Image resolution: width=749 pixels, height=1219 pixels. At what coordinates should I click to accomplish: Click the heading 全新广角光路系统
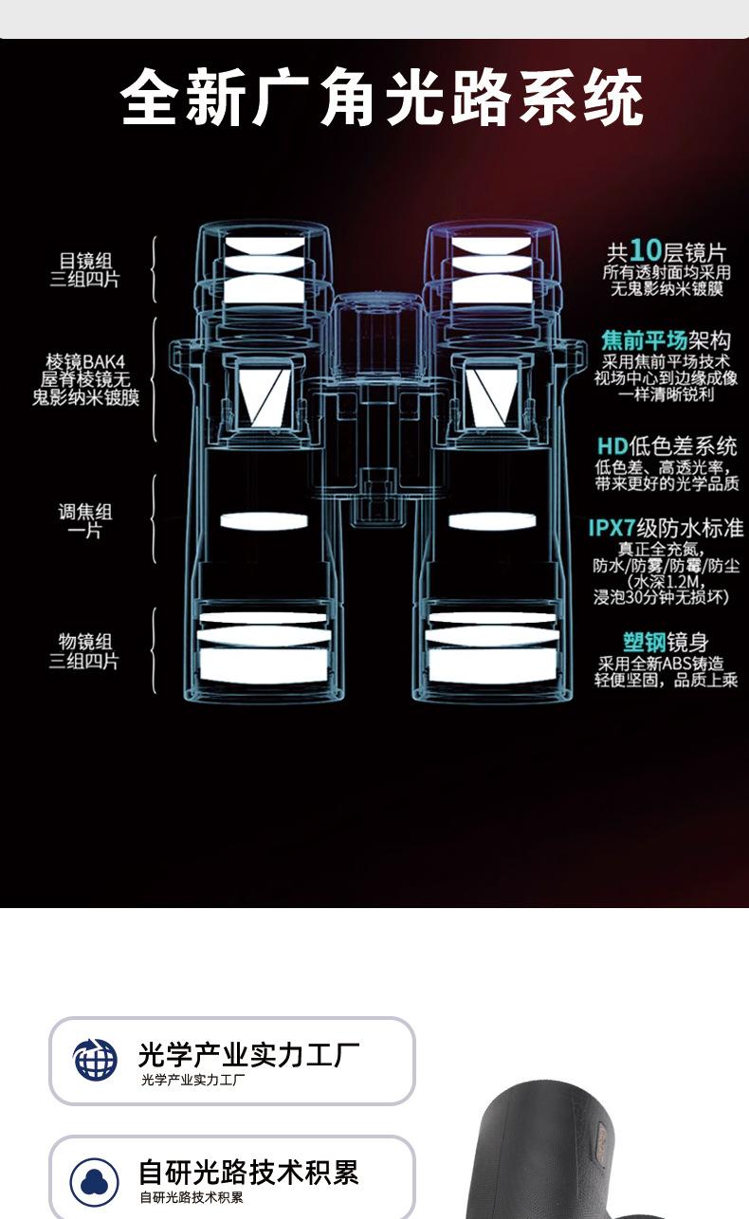pyautogui.click(x=382, y=98)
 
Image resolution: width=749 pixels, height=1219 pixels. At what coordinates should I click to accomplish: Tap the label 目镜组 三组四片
pyautogui.click(x=85, y=270)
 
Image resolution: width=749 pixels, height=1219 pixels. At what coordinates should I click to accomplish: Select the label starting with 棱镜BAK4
pyautogui.click(x=85, y=379)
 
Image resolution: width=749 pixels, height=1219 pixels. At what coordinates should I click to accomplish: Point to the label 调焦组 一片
pyautogui.click(x=85, y=521)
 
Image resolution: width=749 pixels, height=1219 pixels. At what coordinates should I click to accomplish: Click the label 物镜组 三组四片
pyautogui.click(x=85, y=651)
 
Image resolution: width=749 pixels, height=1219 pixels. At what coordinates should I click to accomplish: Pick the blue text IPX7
pyautogui.click(x=616, y=528)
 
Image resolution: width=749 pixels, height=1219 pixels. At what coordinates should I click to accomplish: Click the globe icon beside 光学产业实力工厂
pyautogui.click(x=96, y=1060)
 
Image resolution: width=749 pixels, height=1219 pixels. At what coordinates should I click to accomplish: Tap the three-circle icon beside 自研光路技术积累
pyautogui.click(x=96, y=1181)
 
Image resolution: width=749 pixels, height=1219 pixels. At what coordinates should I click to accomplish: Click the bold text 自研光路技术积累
pyautogui.click(x=248, y=1173)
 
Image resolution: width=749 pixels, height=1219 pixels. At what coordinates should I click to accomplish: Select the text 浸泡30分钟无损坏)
pyautogui.click(x=662, y=597)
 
